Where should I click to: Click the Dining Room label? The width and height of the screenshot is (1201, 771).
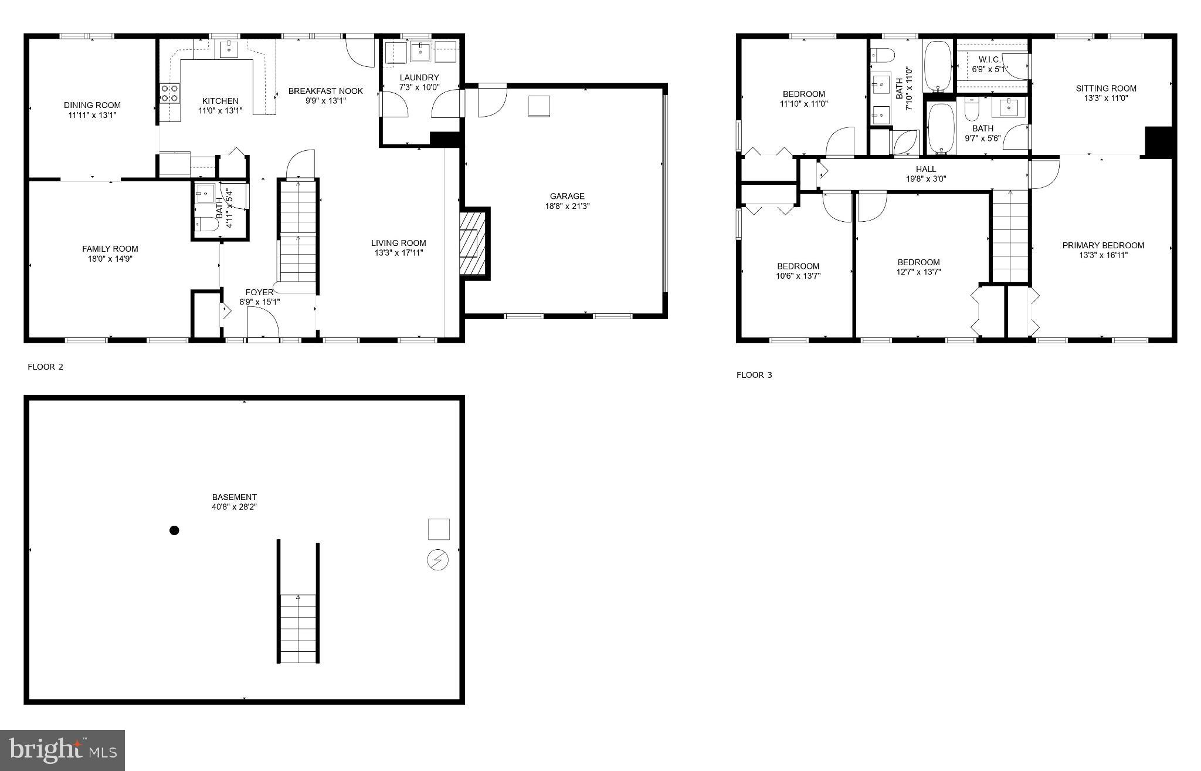[x=92, y=106]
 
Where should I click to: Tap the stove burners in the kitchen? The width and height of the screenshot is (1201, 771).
[x=169, y=93]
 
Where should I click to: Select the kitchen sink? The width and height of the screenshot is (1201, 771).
[x=229, y=49]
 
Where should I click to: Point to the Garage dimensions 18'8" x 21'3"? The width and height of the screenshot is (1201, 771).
[x=566, y=206]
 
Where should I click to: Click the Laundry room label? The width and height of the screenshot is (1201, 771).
[x=419, y=77]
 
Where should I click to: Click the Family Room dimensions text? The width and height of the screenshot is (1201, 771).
[x=110, y=259]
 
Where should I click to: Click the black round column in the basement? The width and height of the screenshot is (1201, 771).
[x=174, y=530]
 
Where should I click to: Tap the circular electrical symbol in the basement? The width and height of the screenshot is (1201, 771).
[x=437, y=560]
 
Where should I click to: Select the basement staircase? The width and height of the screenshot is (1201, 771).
[x=298, y=628]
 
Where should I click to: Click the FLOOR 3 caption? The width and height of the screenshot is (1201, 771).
[x=754, y=375]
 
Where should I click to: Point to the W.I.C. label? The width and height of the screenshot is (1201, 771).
[x=990, y=60]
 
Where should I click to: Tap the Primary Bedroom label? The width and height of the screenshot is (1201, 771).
[x=1103, y=245]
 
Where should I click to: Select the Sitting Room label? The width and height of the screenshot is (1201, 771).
[x=1106, y=89]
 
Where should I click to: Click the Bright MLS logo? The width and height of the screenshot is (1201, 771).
[x=63, y=750]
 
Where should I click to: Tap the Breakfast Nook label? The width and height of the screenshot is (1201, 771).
[x=325, y=91]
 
